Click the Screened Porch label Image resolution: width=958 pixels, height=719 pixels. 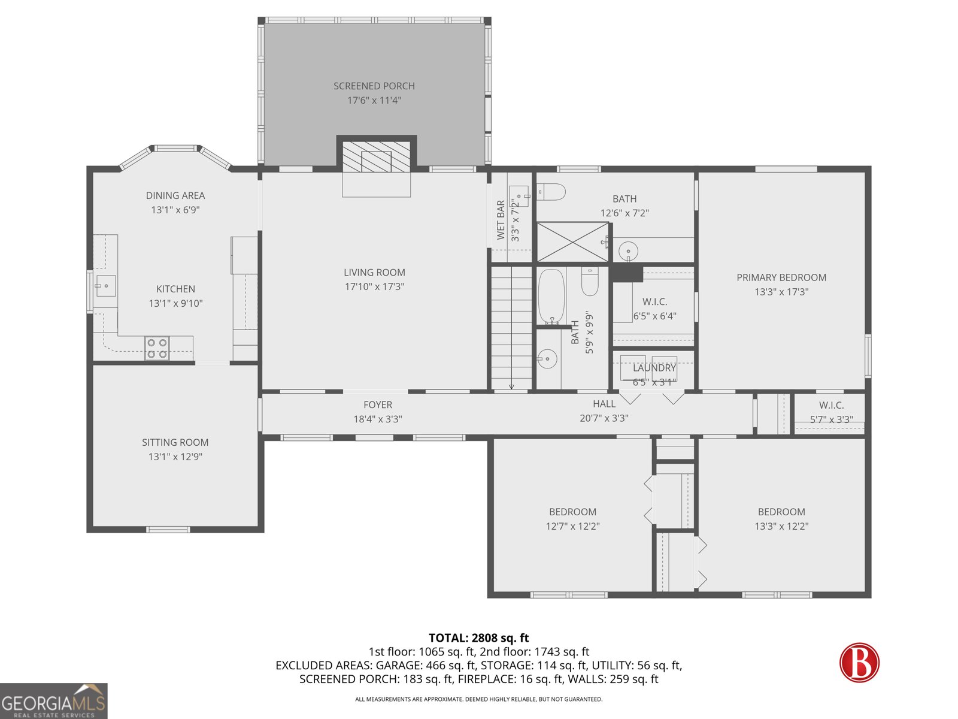click(374, 86)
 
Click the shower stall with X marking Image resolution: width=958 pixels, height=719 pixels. click(572, 242)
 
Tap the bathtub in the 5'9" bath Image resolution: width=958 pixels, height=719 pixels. click(551, 297)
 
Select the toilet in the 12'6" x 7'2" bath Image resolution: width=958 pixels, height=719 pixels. click(551, 192)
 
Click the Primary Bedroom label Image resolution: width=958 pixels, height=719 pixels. click(781, 277)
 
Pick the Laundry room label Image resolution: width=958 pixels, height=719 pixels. click(654, 368)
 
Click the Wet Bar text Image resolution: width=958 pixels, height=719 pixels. click(501, 220)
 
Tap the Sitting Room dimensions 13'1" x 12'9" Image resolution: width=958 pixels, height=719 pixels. click(175, 457)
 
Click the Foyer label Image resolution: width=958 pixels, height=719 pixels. click(377, 405)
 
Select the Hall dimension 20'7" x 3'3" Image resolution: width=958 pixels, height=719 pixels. click(604, 418)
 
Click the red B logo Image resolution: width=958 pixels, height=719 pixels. click(859, 662)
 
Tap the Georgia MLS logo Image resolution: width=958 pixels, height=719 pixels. click(53, 701)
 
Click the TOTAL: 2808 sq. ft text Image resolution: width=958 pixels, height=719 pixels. click(478, 638)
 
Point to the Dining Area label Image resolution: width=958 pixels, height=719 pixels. click(175, 195)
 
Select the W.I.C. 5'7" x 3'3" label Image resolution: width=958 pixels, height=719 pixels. click(831, 406)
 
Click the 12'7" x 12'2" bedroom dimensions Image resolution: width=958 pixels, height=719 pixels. click(572, 526)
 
